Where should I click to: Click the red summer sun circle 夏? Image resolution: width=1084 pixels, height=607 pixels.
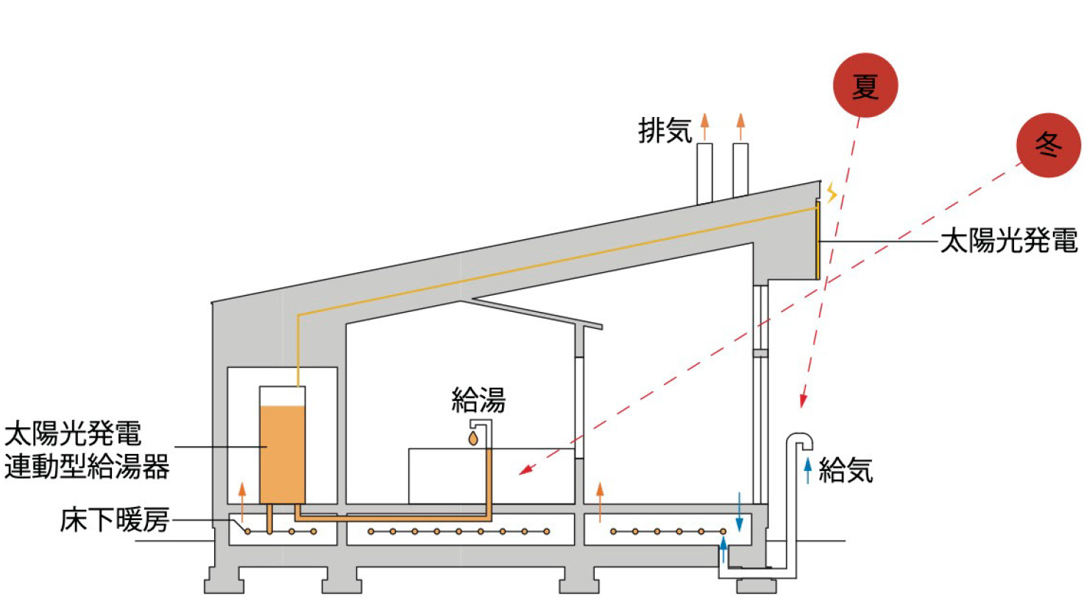pos(865,85)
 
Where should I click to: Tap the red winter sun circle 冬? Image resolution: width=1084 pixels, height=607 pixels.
pos(1048,145)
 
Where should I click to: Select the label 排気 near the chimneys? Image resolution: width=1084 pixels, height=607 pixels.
pos(665,131)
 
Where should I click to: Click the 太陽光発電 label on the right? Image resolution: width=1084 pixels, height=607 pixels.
pos(1008,241)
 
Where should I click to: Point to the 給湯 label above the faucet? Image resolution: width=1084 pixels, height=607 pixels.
pos(478,400)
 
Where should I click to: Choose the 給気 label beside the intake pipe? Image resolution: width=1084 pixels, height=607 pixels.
pos(846,469)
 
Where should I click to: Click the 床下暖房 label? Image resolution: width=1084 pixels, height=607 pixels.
pos(115,519)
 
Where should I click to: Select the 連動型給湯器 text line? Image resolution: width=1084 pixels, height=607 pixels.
pos(87,466)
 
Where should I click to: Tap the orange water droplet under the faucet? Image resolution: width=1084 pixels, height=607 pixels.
pos(473,439)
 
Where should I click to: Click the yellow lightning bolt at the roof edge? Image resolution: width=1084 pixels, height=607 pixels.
pos(832,193)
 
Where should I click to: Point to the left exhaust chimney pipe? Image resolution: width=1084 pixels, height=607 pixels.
pos(704,173)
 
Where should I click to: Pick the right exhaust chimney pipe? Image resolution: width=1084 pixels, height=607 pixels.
pos(740,171)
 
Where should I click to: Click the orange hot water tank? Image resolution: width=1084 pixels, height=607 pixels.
pos(282,452)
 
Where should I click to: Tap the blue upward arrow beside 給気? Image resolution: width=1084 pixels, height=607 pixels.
pos(807,469)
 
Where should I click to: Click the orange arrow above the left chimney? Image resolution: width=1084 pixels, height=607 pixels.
pos(704,126)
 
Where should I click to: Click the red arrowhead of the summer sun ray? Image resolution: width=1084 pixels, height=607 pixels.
pos(803,401)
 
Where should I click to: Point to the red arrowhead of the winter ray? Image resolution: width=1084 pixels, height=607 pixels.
pos(525,470)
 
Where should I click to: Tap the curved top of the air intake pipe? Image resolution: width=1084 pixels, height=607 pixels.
pos(799,439)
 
